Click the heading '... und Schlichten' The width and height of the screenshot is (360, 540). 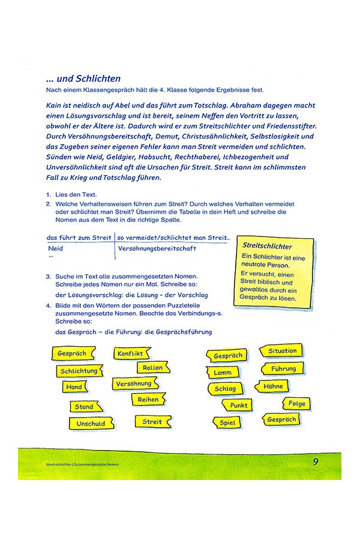(x=83, y=79)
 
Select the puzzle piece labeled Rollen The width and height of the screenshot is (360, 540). (x=153, y=367)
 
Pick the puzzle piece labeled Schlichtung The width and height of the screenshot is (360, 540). (x=79, y=371)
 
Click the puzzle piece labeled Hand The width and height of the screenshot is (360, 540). (x=74, y=387)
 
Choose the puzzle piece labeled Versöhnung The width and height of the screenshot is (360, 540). (x=134, y=383)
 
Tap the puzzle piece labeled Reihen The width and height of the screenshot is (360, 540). (x=148, y=399)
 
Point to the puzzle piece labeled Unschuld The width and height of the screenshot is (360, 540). (x=90, y=423)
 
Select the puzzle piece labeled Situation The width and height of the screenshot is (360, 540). (x=282, y=351)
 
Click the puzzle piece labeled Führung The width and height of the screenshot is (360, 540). (x=283, y=368)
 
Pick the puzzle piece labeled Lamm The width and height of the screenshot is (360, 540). (x=223, y=373)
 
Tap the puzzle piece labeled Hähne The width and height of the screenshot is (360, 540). (x=273, y=386)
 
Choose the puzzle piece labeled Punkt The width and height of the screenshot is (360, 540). (x=238, y=405)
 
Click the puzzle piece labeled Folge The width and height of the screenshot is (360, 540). (x=296, y=403)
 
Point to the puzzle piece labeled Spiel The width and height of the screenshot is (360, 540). (x=227, y=422)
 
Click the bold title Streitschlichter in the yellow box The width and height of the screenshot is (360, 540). (x=267, y=246)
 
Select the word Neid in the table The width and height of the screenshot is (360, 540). (x=55, y=248)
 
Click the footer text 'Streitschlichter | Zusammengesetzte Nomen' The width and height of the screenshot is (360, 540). (x=82, y=465)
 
